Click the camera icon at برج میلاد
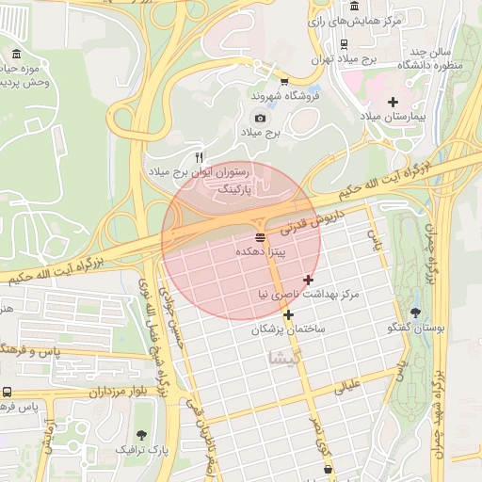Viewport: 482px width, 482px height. (260, 119)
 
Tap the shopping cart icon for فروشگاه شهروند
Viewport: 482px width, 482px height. (284, 81)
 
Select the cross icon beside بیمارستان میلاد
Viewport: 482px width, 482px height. (393, 102)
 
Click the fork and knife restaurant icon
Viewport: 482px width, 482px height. (199, 157)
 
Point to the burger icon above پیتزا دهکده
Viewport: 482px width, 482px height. (260, 235)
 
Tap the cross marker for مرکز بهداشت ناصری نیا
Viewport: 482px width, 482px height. (308, 280)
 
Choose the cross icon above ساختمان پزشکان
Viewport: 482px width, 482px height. (288, 314)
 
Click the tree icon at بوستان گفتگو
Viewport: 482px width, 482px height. (415, 312)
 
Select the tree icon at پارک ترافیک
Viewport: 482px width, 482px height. (141, 435)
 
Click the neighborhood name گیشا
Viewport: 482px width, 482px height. (284, 358)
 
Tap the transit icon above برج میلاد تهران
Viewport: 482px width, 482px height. (346, 42)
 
